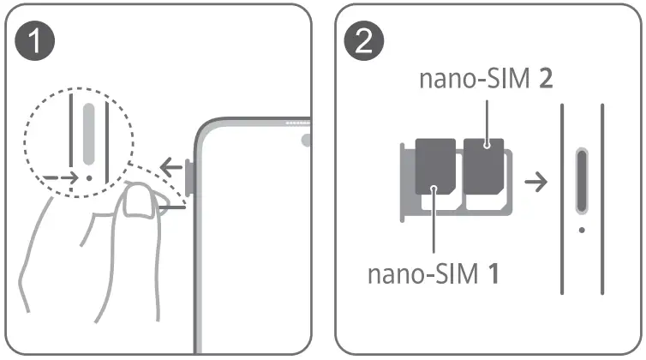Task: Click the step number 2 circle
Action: [x=364, y=43]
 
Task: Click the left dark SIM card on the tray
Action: [x=435, y=166]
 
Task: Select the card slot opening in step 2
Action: [x=582, y=180]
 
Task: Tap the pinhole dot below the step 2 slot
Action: [x=582, y=230]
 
